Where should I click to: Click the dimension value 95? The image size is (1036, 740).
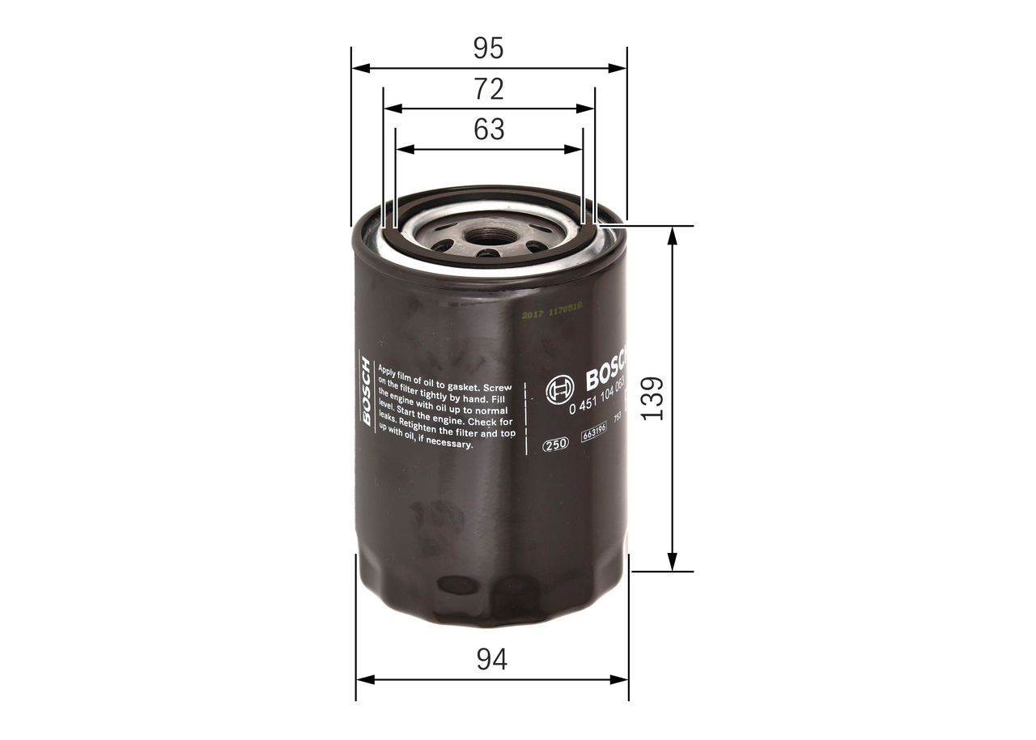click(x=489, y=49)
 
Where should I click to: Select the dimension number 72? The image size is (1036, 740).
click(x=489, y=89)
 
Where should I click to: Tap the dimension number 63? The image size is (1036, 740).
click(x=489, y=130)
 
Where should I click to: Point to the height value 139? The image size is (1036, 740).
click(x=652, y=398)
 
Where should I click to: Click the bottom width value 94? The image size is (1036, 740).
click(x=491, y=660)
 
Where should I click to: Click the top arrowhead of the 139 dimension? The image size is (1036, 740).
click(x=672, y=234)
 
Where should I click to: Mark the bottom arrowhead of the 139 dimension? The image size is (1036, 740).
click(x=672, y=563)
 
